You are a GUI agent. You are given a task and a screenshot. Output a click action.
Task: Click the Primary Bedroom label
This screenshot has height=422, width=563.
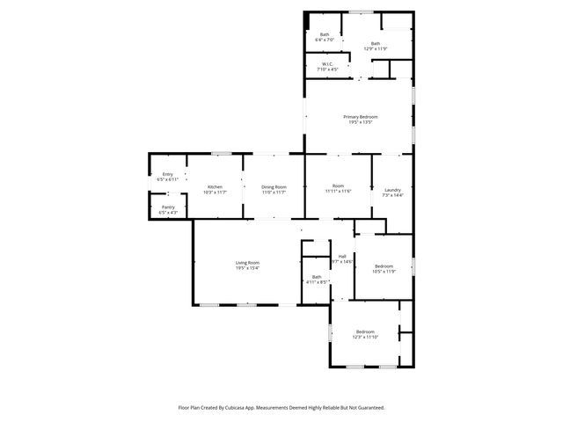coord(360,117)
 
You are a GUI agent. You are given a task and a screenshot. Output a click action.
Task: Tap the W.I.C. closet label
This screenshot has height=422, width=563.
coord(326,63)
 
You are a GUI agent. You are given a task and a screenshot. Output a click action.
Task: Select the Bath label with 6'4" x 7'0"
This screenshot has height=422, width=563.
coord(324,35)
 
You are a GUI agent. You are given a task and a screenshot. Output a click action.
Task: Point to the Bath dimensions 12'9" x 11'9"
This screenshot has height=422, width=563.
coord(376,49)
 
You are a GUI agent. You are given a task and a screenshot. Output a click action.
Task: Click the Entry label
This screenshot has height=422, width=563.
coord(167,174)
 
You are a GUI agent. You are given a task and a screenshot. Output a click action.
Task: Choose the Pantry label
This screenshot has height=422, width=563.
coord(167,207)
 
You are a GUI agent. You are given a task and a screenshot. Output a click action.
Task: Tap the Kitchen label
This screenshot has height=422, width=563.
coord(215,186)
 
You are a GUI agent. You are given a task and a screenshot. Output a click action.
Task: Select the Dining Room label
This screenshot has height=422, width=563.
coord(274,186)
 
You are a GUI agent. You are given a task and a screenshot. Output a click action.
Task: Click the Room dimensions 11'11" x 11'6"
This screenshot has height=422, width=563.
coord(338,192)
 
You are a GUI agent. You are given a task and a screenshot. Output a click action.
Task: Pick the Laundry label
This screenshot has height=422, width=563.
coord(392,190)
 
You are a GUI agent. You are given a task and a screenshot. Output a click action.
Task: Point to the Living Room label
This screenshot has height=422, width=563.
coord(247,263)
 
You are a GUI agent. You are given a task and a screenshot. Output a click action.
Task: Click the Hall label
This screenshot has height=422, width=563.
coord(342,256)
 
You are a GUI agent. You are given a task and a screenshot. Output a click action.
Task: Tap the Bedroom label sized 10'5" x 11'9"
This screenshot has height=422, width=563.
coord(384,266)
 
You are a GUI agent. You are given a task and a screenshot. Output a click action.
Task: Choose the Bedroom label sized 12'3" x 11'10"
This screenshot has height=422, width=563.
coord(364,331)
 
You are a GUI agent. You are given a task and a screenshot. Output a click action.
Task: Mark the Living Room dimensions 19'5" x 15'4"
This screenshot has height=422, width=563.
coord(247,268)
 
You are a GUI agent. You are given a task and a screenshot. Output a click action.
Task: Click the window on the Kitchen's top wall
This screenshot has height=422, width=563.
coord(221,154)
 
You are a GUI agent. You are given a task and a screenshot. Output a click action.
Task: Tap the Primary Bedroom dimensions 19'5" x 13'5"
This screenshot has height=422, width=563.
coord(360,122)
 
